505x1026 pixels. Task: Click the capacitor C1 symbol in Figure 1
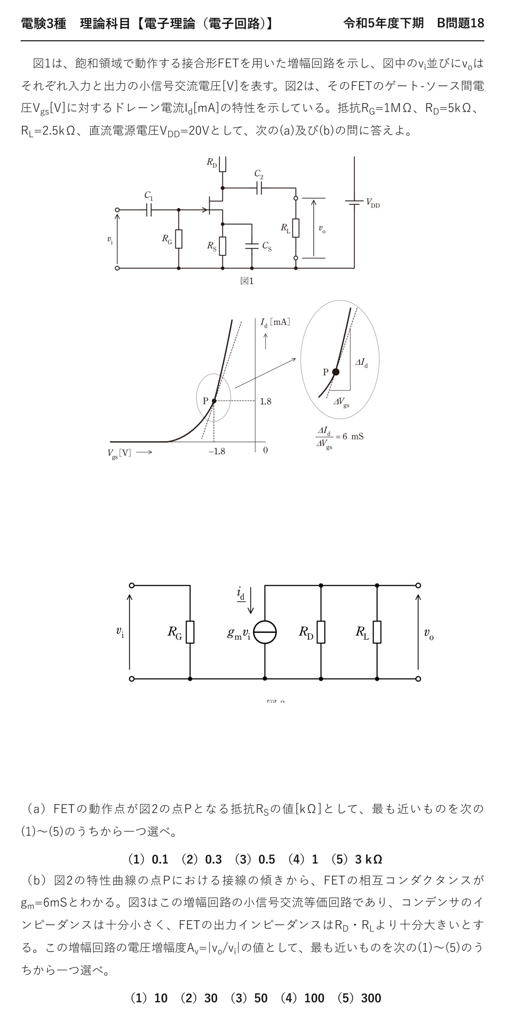click(149, 210)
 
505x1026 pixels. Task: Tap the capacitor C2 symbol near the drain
click(259, 188)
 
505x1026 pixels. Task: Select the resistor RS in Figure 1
click(223, 246)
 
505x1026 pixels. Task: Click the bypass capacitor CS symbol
click(252, 246)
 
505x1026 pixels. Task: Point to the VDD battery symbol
click(354, 202)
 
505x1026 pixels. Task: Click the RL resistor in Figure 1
click(296, 228)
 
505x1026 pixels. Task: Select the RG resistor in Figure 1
click(179, 239)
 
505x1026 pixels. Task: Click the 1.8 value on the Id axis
click(266, 402)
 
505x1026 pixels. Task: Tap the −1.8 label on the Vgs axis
click(217, 452)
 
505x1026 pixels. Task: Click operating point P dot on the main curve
click(214, 401)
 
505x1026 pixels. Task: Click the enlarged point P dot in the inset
click(336, 372)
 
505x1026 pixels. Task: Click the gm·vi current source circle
click(265, 632)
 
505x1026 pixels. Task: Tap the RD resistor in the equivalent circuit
click(321, 632)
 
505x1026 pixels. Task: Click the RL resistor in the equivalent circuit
click(377, 632)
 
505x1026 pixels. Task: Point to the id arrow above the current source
click(251, 600)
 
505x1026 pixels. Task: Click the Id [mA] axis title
click(275, 322)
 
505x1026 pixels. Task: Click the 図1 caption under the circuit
click(247, 281)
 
